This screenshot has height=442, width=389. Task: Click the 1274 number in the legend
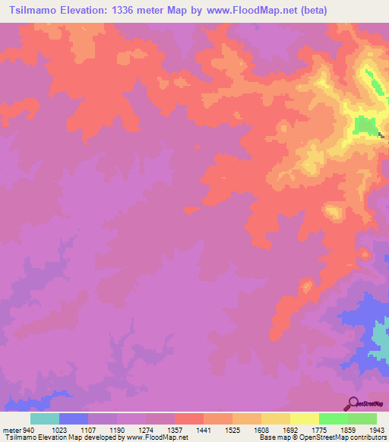[147, 429]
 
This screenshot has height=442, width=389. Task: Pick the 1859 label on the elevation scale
[349, 429]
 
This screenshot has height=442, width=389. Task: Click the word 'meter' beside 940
[13, 429]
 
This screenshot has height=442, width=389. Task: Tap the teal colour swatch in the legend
[45, 418]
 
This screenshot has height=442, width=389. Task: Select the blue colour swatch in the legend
[74, 418]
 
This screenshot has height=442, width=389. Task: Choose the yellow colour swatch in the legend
[305, 418]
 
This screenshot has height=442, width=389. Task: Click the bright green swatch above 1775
[334, 418]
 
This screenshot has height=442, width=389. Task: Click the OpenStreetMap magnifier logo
[353, 403]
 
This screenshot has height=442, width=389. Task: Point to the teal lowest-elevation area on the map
[380, 334]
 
